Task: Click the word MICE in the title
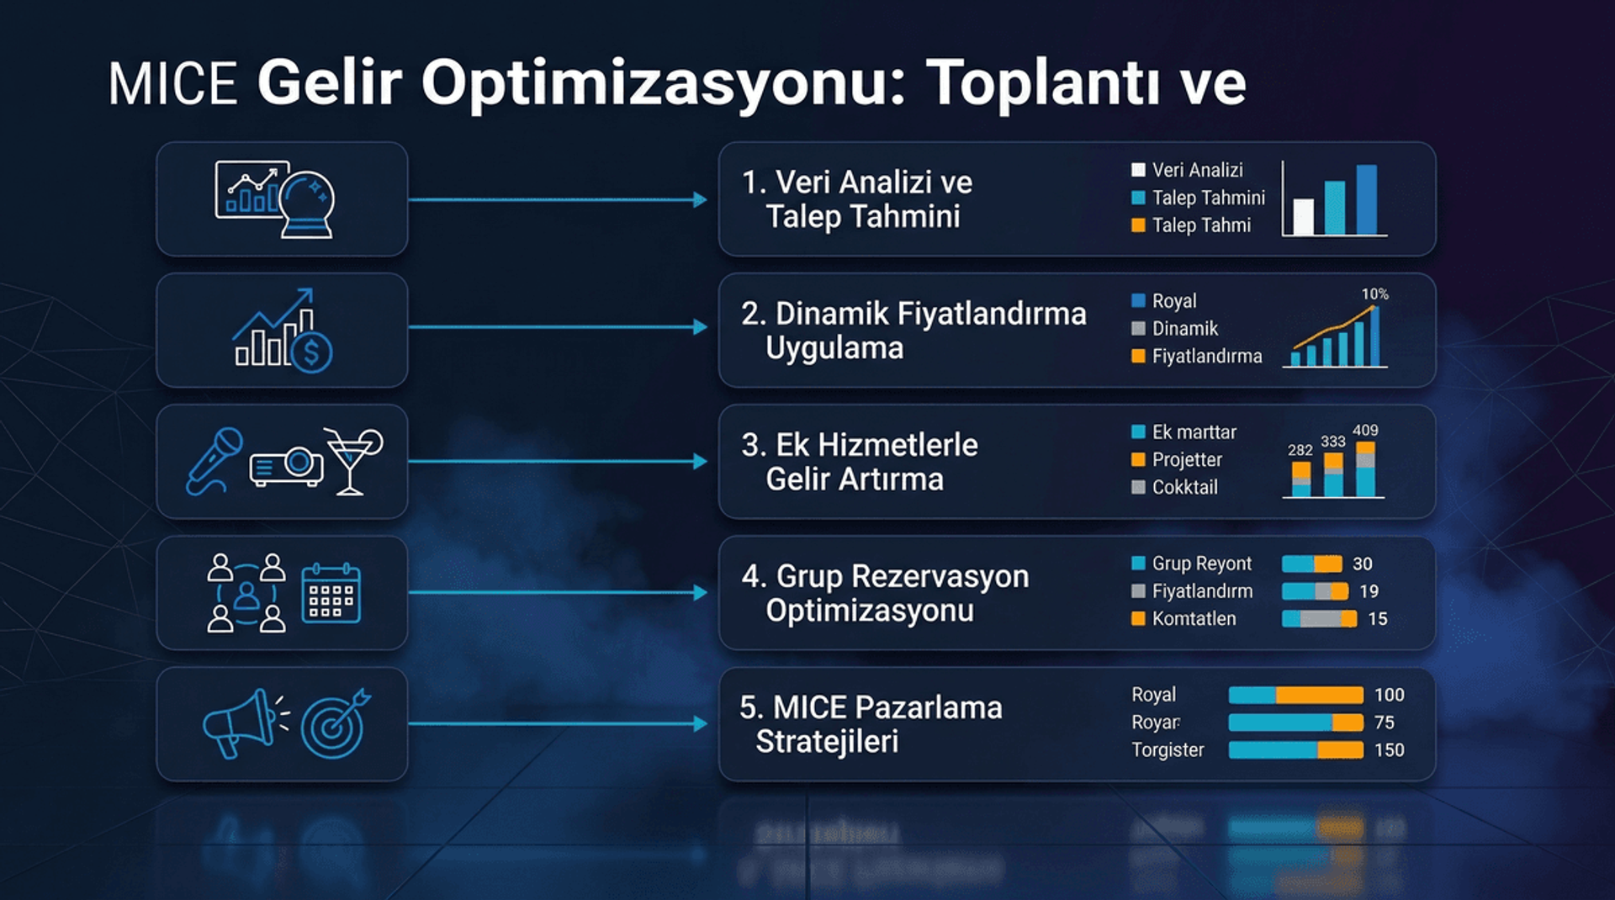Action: (x=172, y=84)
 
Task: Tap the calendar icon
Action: (x=331, y=593)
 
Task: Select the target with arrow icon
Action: (x=335, y=723)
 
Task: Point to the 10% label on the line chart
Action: (x=1374, y=294)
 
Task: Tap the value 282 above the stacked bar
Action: (x=1300, y=450)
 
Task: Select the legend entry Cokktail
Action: (x=1184, y=487)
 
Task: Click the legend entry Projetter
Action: (x=1186, y=459)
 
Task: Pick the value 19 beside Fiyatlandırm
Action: (x=1369, y=591)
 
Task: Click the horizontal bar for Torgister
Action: (x=1295, y=749)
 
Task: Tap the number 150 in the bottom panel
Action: (x=1389, y=749)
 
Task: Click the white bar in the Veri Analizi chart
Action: (x=1303, y=217)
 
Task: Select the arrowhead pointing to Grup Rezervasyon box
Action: (x=700, y=593)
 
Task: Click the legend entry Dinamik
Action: (x=1184, y=328)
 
